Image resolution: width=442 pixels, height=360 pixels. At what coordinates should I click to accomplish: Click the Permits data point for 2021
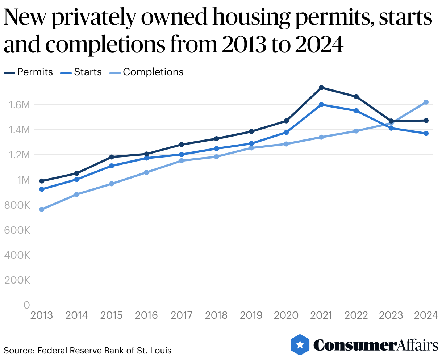[x=321, y=88]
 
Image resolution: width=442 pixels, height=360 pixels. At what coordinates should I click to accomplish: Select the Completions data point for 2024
[x=426, y=102]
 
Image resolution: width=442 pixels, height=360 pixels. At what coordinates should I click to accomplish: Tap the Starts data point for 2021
[x=321, y=105]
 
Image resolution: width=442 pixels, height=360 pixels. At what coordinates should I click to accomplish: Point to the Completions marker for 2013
[x=42, y=209]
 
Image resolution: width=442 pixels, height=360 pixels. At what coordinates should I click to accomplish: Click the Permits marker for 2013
[x=42, y=181]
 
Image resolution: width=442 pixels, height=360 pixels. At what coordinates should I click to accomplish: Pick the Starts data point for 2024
[x=426, y=134]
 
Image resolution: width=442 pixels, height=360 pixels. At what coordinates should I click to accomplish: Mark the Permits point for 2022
[x=356, y=97]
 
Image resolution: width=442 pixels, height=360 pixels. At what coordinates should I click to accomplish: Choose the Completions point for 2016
[x=146, y=172]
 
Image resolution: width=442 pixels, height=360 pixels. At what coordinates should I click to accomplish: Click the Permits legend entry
[x=29, y=72]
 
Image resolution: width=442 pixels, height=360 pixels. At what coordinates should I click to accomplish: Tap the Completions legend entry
[x=147, y=72]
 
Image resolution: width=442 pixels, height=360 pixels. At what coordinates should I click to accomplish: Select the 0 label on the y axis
[x=26, y=305]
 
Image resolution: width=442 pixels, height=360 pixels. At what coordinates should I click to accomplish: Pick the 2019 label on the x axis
[x=251, y=316]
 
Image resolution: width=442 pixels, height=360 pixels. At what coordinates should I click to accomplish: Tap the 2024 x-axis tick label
[x=426, y=316]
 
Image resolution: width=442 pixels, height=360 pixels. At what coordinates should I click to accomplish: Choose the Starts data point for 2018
[x=216, y=148]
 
